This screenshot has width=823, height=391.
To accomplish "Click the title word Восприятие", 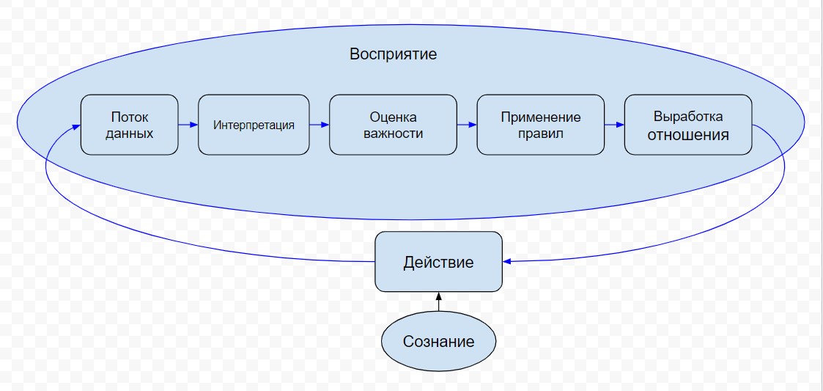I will [393, 54].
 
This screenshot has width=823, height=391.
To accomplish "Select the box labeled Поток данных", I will [129, 125].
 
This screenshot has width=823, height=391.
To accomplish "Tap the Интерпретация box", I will [254, 125].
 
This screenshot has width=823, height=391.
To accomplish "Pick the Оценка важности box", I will [393, 125].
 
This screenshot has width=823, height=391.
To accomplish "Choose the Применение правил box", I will [541, 125].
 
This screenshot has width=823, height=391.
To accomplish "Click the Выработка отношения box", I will [687, 125].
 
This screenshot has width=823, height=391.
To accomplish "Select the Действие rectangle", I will [438, 262].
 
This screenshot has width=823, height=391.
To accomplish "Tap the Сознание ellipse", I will [438, 341].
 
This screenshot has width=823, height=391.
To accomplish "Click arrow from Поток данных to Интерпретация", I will [188, 125].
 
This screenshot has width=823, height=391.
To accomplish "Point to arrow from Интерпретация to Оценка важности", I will [320, 125].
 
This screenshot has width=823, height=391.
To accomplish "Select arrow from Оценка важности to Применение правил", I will [467, 125].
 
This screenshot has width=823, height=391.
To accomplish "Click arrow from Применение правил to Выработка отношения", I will [614, 125].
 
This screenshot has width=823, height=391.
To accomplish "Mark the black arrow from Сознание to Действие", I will [438, 302].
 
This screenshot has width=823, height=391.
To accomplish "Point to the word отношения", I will [687, 135].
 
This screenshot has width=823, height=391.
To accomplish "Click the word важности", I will [393, 134].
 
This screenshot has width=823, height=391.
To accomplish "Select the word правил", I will [541, 134].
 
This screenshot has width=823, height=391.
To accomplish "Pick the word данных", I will [129, 134].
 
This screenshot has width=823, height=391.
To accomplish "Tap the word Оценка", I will [393, 117].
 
